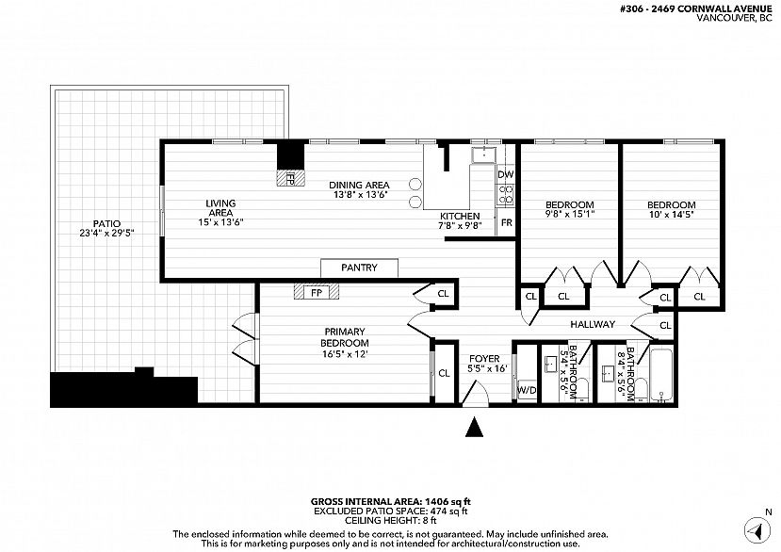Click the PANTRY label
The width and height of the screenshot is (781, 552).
pos(359,268)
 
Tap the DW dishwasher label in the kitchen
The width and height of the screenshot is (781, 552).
pos(506,174)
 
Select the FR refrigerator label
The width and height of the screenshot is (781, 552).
pos(507,222)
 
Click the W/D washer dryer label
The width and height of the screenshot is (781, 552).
pos(527,390)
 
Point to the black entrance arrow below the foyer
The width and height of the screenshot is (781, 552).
pos(474,427)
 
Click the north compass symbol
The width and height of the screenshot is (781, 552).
pos(757,529)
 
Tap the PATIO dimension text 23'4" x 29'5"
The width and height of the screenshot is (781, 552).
pos(107,233)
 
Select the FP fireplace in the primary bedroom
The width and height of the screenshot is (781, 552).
pos(317,291)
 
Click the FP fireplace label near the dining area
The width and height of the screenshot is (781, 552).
pos(290,178)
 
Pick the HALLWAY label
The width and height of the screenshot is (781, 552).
pos(593,324)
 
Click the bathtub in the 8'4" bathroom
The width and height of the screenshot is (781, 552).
pos(661,375)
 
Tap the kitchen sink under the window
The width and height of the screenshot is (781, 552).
pos(484,154)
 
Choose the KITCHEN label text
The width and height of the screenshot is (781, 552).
pos(460,217)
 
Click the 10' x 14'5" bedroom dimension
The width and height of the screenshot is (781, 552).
pos(672,215)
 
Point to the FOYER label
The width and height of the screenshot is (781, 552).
pos(484,359)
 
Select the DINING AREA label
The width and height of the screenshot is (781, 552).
pos(359,186)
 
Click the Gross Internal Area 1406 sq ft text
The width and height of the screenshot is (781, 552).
pos(390,502)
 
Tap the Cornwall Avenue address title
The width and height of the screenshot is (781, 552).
pos(697,9)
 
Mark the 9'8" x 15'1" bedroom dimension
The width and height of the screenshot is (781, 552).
pos(570,215)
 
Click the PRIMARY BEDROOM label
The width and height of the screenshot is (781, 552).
pos(345,337)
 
